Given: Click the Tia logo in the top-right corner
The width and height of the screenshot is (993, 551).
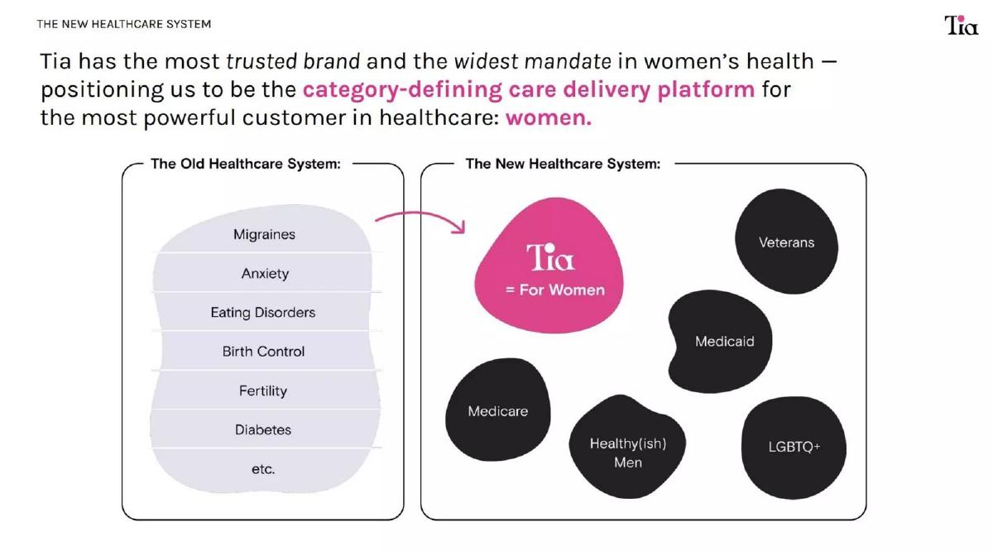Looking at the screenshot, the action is click(x=961, y=25).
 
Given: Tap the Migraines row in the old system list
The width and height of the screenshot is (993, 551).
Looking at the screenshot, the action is click(x=264, y=234).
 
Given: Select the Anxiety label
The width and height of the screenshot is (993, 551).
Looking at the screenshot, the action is click(x=265, y=273).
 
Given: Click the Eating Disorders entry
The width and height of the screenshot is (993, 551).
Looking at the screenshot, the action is click(x=263, y=313).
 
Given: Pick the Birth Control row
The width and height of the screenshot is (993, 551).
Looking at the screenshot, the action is click(x=263, y=352).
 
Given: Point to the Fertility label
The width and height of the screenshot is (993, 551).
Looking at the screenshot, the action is click(x=263, y=390).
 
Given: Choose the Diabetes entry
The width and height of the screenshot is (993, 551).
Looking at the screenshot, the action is click(x=263, y=429).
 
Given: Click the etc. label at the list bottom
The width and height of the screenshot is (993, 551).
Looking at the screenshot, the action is click(x=263, y=469).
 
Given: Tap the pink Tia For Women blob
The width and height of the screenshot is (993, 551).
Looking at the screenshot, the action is click(x=549, y=266).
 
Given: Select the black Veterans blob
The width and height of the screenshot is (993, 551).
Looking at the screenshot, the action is click(x=786, y=242).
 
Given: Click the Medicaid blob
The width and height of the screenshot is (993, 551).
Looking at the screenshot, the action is click(x=721, y=342).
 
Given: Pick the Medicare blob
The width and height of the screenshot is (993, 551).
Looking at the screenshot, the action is click(x=498, y=410).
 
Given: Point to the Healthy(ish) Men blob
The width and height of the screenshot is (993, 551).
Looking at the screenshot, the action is click(x=628, y=448).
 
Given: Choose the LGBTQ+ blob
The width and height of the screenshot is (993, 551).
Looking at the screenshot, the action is click(x=794, y=448).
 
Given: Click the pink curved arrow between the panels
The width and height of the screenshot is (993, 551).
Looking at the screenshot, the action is click(x=419, y=213).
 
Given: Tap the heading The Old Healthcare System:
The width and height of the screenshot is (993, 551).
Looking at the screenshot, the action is click(x=246, y=164).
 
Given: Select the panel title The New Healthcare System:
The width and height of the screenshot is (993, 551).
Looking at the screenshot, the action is click(x=563, y=164).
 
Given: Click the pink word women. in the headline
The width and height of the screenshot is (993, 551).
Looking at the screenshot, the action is click(x=549, y=118).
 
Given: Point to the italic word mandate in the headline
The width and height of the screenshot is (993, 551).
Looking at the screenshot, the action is click(x=568, y=61).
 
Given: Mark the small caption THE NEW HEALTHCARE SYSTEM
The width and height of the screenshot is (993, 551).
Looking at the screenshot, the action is click(x=123, y=24).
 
